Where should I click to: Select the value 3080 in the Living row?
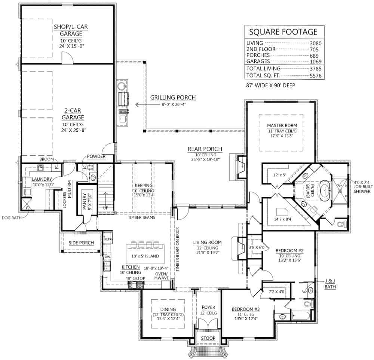coord(315,43)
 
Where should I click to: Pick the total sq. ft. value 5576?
coord(315,76)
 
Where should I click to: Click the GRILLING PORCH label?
coord(173,98)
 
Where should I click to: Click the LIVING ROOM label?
coord(207,242)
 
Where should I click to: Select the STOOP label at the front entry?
coord(208,338)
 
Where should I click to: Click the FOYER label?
coord(208,308)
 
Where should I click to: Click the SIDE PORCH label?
coord(81,243)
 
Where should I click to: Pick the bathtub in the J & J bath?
coord(301,315)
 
